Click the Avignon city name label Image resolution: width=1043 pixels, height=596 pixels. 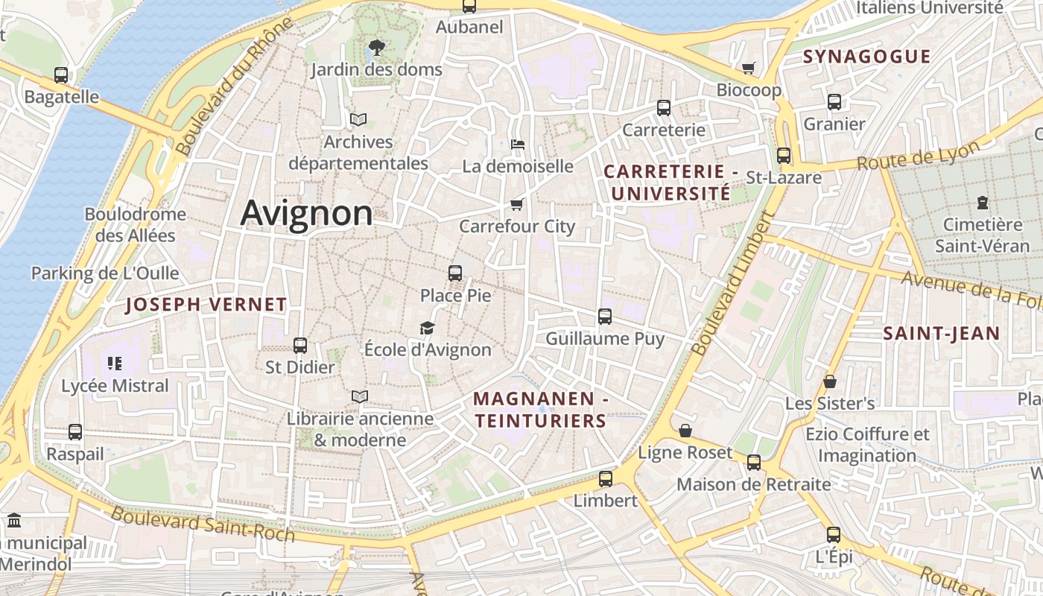coord(306,213)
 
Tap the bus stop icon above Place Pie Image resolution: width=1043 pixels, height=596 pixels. coord(455,273)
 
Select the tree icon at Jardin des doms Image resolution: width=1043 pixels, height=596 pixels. coord(377,48)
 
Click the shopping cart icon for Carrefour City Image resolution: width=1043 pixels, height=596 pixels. coord(517,204)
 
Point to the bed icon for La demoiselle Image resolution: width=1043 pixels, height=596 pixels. coord(518,144)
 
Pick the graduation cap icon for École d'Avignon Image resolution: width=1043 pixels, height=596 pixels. coord(427,328)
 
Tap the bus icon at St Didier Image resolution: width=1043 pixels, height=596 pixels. coord(300,346)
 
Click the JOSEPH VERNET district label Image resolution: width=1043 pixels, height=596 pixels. coord(206,304)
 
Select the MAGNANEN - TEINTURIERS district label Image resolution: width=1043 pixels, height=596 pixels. coord(541,410)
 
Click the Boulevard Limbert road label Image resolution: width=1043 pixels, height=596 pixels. coord(735,283)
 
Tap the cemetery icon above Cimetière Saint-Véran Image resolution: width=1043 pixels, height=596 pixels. coord(983,203)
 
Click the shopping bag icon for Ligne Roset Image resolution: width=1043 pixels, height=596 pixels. coord(685,431)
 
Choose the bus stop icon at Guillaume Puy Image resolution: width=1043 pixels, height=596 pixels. coord(605,317)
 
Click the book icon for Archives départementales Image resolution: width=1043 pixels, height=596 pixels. coord(358,119)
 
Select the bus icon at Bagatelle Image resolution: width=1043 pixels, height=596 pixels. coord(61,75)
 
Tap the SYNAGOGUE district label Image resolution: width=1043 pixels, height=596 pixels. coord(866,57)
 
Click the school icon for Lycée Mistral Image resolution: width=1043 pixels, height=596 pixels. coord(115,364)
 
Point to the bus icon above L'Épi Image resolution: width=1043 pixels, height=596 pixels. coord(834,535)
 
